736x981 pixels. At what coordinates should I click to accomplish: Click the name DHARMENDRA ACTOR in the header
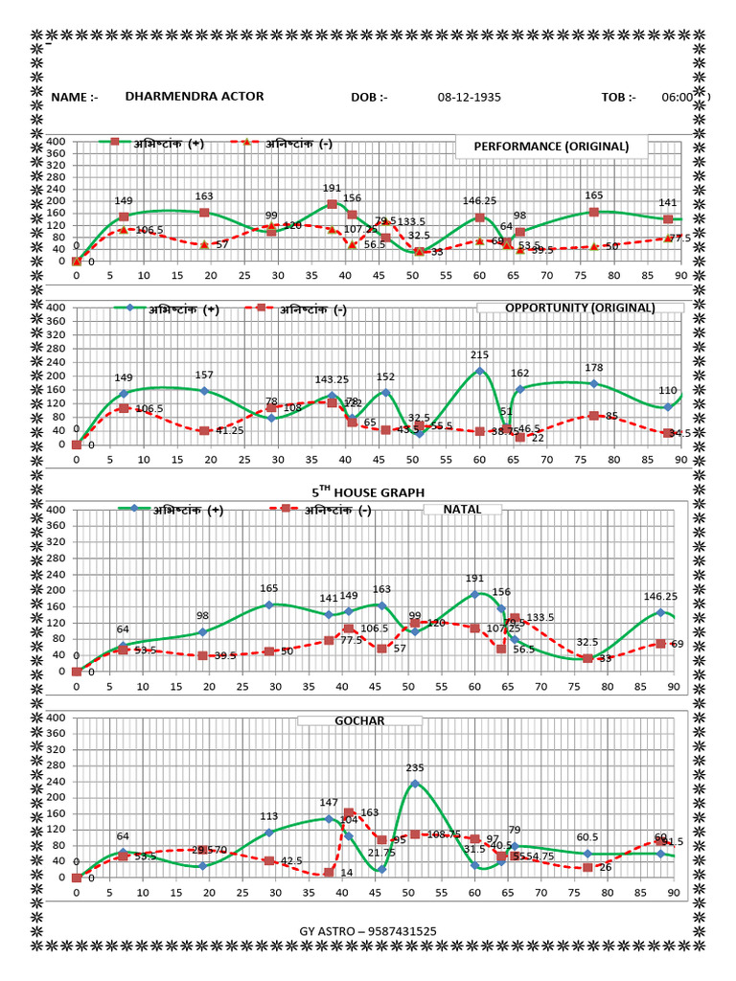tap(194, 97)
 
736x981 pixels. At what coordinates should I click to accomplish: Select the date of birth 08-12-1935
tap(469, 98)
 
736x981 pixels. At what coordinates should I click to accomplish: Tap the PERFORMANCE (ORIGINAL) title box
tap(551, 147)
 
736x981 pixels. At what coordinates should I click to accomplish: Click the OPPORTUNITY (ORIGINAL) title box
tap(580, 308)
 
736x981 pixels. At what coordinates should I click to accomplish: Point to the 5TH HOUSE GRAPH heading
tap(367, 492)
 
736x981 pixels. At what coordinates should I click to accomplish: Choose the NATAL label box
tap(462, 510)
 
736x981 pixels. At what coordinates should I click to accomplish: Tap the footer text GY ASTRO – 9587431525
tap(368, 931)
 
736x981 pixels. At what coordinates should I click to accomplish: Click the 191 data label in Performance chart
tap(332, 189)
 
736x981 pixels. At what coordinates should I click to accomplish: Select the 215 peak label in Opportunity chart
tap(479, 355)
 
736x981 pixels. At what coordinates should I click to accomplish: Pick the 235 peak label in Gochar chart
tap(415, 768)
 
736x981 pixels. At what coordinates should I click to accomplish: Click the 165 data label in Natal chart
tap(269, 589)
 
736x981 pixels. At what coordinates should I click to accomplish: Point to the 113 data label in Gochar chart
tap(269, 817)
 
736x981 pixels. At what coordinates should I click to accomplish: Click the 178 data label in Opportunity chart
tap(594, 368)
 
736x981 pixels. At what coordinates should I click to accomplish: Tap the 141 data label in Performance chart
tap(668, 203)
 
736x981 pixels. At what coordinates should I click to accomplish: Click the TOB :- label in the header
tap(618, 98)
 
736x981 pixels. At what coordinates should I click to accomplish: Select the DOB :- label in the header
tap(369, 98)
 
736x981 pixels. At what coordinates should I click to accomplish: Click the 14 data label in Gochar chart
tap(346, 873)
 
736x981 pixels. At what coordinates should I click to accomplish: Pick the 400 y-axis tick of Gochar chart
tap(56, 718)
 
